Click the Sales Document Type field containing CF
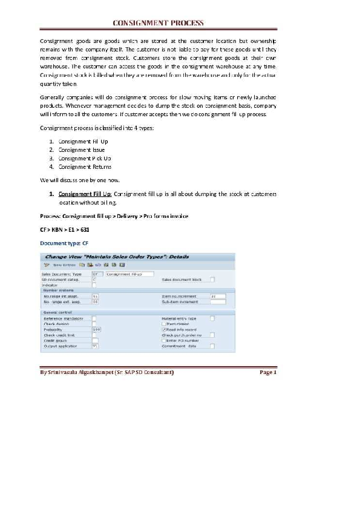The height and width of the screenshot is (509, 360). point(95,274)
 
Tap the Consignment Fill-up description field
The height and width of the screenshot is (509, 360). point(129,274)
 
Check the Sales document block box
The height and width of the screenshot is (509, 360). point(212,279)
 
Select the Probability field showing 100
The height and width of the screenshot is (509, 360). point(96,329)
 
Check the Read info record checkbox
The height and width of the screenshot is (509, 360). point(163,329)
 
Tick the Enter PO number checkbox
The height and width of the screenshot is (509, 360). point(163,340)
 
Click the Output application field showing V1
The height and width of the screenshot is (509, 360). point(95,346)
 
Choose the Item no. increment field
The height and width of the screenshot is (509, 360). point(217,296)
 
